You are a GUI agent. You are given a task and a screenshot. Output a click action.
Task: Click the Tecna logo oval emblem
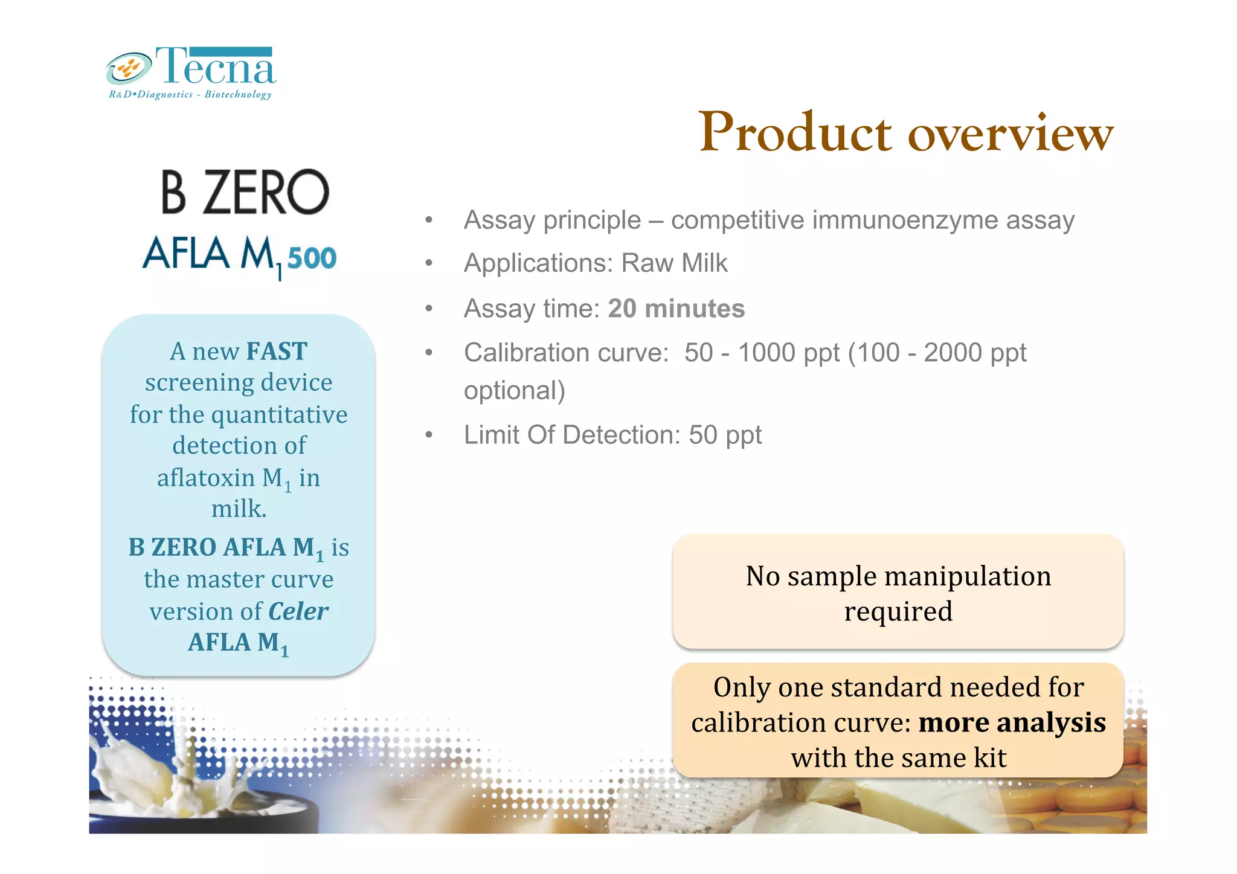(129, 68)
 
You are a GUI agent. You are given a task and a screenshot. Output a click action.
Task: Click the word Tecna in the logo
(216, 66)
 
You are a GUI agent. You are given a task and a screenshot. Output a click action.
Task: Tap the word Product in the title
(795, 132)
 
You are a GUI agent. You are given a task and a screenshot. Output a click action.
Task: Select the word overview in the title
(1010, 133)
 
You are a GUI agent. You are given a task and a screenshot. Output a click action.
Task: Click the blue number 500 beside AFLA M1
(312, 259)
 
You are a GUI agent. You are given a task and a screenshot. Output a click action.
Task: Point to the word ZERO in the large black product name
(266, 193)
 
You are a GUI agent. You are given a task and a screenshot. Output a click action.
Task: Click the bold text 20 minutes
(676, 309)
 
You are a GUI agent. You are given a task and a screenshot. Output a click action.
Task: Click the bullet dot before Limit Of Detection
(429, 435)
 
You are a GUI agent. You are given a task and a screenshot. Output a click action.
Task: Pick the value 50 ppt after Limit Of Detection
(725, 435)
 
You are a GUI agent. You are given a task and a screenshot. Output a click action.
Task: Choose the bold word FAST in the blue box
(277, 352)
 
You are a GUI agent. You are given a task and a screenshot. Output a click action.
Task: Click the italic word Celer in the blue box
(298, 611)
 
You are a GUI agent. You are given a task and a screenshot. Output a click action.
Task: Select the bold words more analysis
(1012, 722)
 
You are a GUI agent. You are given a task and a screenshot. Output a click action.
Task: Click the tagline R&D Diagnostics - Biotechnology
(190, 95)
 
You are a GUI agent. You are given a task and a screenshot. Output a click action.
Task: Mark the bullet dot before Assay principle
(429, 220)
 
